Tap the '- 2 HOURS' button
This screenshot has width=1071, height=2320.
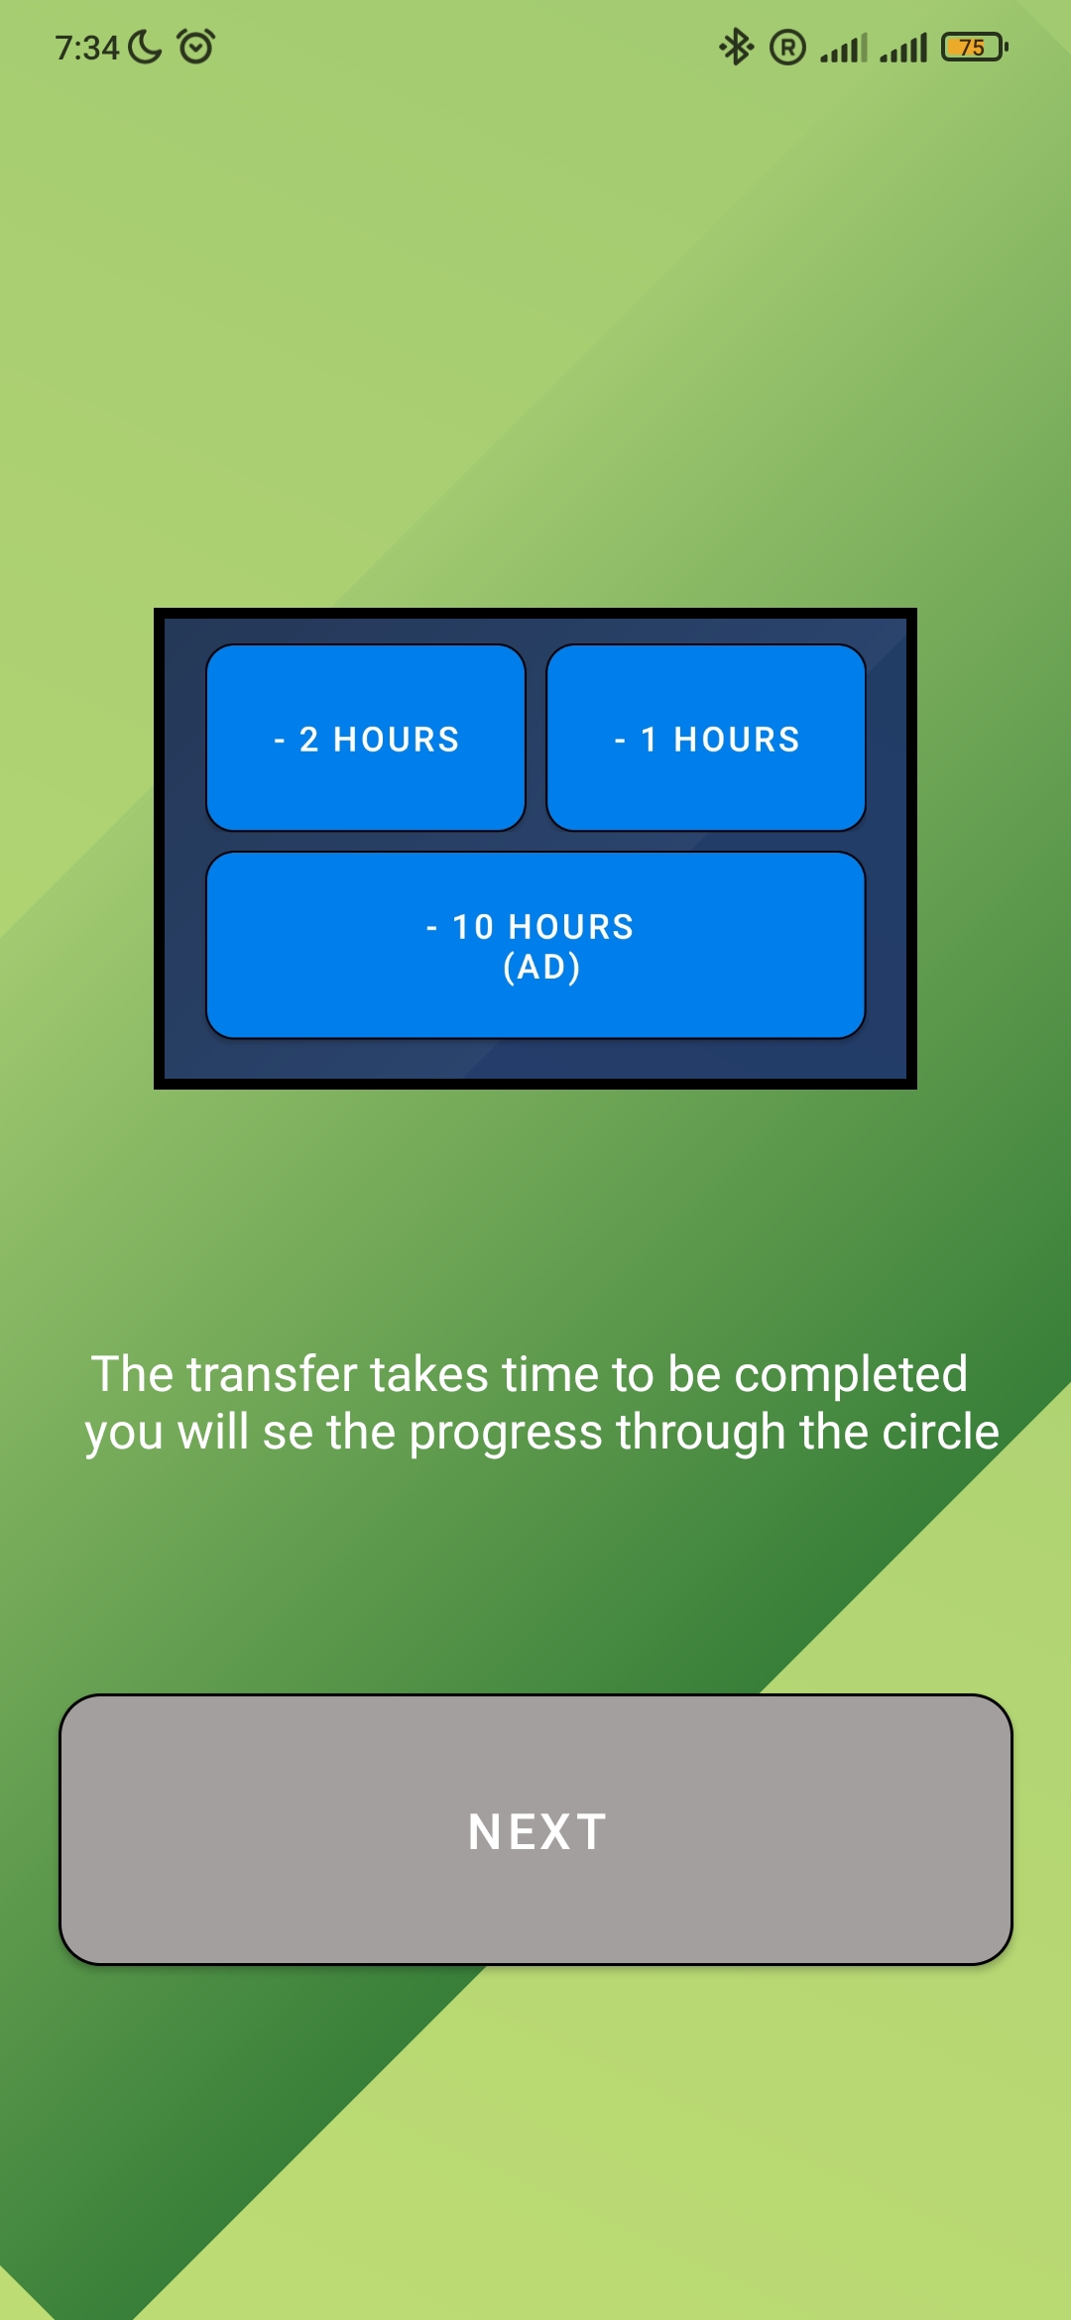point(366,738)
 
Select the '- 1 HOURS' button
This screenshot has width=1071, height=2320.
point(706,738)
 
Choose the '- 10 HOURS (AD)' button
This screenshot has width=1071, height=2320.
point(535,945)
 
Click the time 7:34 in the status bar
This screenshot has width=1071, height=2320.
point(87,48)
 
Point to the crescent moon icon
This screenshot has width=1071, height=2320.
point(145,47)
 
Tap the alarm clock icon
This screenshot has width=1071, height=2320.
point(195,47)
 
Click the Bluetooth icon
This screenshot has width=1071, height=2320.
point(736,47)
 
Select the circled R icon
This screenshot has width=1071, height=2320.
point(788,48)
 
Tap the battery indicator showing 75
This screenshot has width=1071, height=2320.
point(975,47)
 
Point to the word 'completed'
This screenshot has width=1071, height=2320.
point(851,1375)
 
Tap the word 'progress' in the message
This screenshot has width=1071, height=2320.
point(506,1434)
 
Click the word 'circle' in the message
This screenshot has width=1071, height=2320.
point(941,1432)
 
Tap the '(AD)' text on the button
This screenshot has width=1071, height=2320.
point(541,967)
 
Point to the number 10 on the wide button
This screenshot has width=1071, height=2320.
point(473,927)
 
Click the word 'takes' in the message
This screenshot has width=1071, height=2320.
point(429,1374)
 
